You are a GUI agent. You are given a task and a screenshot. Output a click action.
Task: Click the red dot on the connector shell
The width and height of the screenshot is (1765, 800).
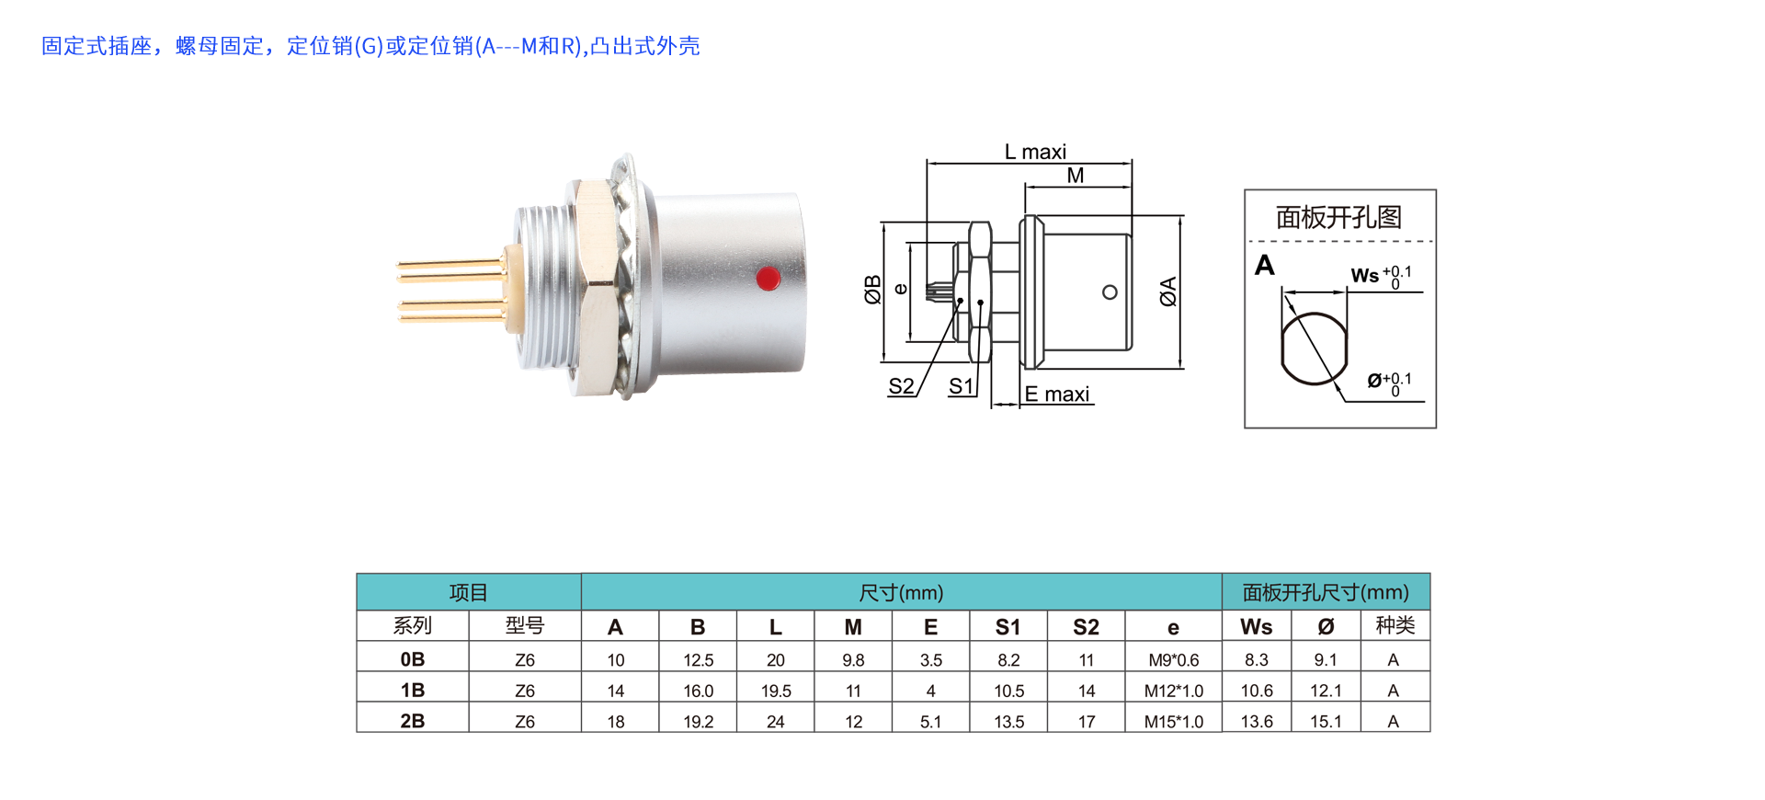point(769,278)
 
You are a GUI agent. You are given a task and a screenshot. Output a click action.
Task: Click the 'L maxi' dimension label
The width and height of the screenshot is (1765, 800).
point(1035,152)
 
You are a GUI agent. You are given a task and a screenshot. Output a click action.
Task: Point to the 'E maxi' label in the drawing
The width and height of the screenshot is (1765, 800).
point(1057,394)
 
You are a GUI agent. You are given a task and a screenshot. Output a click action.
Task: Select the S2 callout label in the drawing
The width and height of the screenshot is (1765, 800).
point(901,386)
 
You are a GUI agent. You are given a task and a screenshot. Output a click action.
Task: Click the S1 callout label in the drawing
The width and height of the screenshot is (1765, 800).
point(961,386)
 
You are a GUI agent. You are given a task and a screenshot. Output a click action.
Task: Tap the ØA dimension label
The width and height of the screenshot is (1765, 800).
point(1168,291)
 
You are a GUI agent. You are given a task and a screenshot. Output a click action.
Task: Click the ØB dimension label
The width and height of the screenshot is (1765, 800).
point(872,290)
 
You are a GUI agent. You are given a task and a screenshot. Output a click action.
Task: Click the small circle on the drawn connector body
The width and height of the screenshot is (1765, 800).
point(1110,292)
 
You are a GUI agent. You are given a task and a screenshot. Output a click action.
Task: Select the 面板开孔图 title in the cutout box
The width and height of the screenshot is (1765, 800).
point(1338,217)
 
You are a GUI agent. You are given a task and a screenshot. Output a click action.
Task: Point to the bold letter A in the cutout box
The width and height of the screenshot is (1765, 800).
point(1265,265)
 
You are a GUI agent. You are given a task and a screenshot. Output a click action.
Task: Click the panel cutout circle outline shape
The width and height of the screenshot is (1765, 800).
point(1315,349)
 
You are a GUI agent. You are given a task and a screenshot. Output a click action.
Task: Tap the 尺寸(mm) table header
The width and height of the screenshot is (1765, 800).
point(901,593)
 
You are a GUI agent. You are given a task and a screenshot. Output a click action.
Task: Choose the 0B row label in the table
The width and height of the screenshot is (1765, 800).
point(413,659)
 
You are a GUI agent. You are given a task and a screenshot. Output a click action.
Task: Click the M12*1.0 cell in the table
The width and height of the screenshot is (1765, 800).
point(1173,691)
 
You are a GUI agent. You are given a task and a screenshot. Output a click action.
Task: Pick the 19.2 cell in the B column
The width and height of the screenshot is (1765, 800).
point(698,722)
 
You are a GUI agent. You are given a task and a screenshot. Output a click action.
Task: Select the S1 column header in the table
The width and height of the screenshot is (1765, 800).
point(1008,627)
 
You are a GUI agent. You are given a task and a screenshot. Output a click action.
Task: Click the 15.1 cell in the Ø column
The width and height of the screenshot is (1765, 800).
point(1326,722)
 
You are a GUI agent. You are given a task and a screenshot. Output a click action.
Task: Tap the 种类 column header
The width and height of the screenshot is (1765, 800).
point(1395,625)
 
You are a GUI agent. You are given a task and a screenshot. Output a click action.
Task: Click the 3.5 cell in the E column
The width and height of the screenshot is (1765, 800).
point(930,660)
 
